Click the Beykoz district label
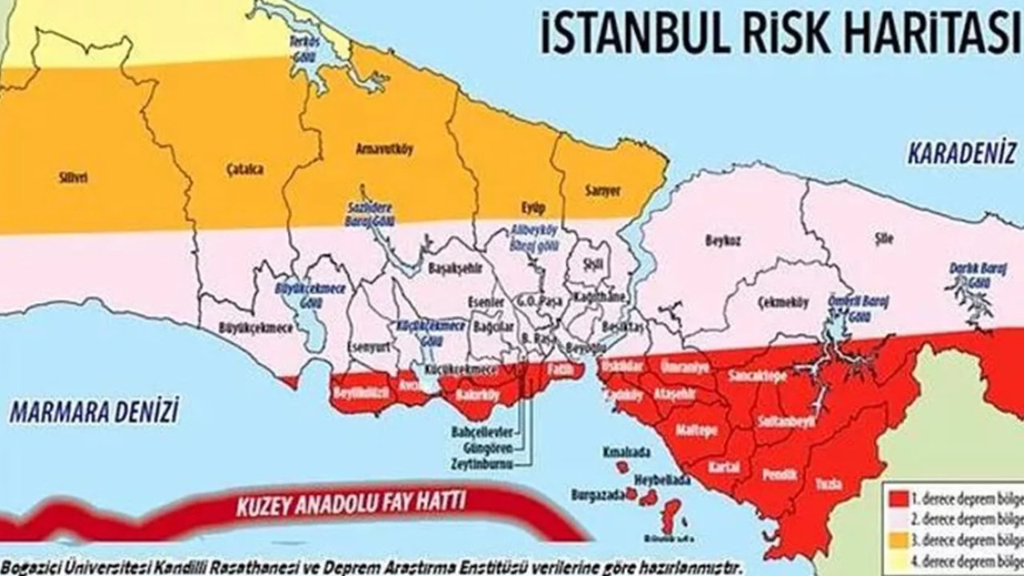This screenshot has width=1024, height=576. coord(718,241)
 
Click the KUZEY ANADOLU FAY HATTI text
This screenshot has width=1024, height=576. coord(351,506)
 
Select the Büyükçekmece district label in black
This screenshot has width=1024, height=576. coord(249,327)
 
